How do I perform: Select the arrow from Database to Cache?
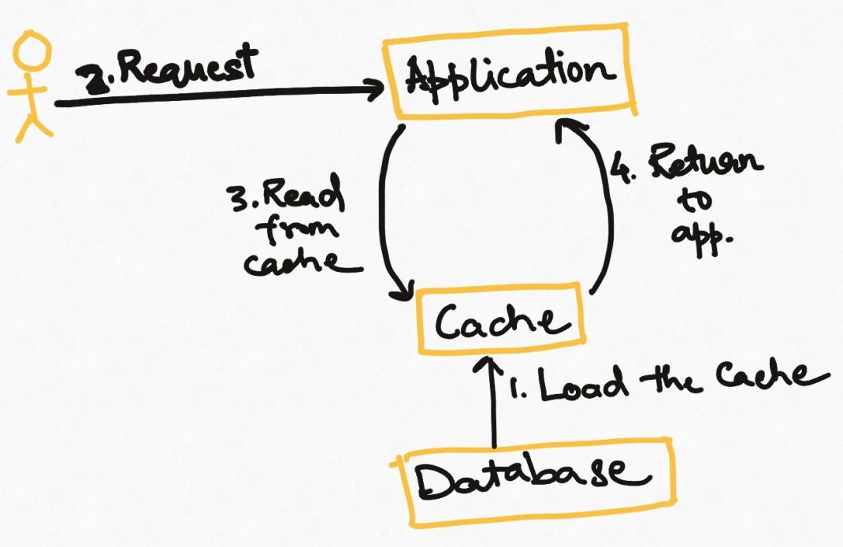(x=494, y=402)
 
